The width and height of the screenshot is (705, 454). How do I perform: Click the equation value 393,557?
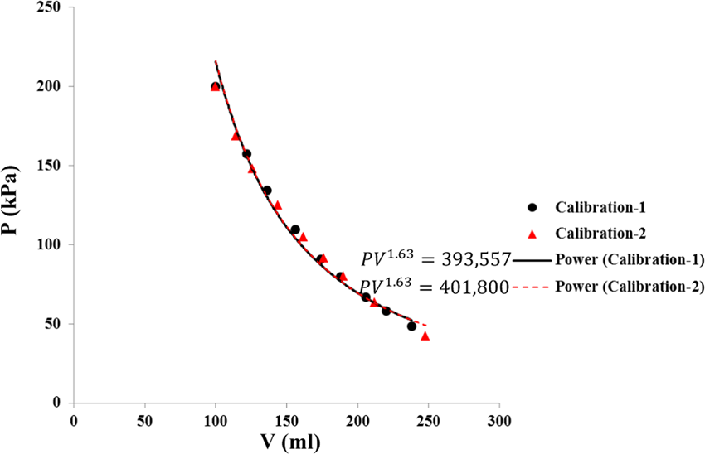[x=471, y=259]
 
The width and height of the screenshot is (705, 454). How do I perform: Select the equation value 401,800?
[x=471, y=287]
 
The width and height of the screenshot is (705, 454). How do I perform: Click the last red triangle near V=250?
[x=425, y=336]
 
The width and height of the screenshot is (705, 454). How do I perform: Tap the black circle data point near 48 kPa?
[x=411, y=326]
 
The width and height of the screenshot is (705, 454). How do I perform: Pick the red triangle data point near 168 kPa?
[x=236, y=135]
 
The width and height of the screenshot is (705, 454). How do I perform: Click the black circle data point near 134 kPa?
[x=267, y=191]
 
